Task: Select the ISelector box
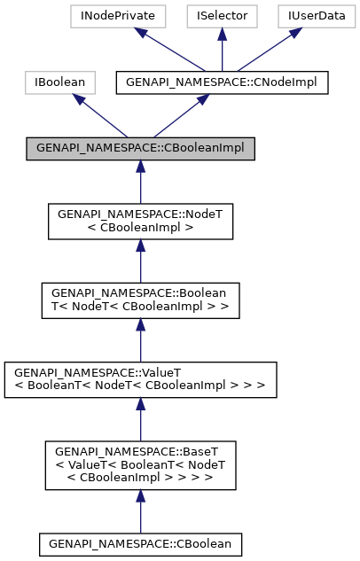[222, 15]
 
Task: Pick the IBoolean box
[60, 82]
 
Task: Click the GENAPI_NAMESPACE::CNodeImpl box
[223, 82]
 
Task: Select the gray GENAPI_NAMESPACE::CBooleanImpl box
[140, 148]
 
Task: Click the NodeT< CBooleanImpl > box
[140, 222]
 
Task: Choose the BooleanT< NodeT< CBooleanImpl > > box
[140, 300]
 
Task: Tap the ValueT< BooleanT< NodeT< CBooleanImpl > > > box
[140, 378]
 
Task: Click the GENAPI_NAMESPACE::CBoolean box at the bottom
[140, 541]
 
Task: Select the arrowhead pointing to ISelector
[222, 34]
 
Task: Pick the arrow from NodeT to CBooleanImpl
[140, 182]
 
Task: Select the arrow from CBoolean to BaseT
[140, 510]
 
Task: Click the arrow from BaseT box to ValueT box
[140, 417]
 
